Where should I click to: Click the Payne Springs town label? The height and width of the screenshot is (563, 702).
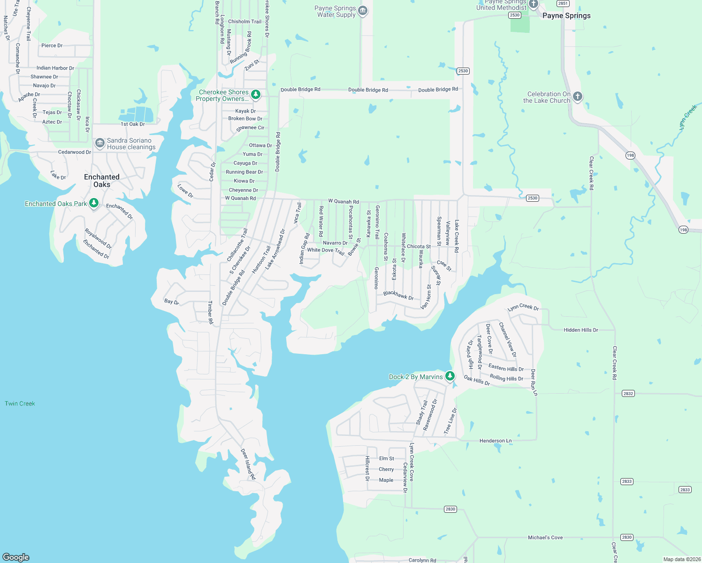566,15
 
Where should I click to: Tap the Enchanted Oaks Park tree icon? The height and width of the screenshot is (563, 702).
94,203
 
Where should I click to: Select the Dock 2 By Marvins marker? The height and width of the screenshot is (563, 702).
450,376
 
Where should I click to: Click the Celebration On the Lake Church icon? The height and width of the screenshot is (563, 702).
578,97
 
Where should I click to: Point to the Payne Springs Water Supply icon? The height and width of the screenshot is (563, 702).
363,11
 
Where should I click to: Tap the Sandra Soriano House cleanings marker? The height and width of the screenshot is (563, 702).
99,143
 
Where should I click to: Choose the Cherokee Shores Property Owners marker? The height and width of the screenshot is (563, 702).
256,95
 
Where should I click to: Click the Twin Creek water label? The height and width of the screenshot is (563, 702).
20,403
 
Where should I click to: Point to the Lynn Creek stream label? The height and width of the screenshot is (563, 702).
688,117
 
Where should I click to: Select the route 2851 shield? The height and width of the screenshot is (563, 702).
563,3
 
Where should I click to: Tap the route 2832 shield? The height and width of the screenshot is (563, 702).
628,393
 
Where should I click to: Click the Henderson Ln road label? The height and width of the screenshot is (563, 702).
496,441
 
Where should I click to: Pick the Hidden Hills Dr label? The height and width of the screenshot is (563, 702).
580,330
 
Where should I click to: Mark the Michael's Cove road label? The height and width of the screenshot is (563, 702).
545,537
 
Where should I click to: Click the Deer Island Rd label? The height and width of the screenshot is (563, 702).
248,464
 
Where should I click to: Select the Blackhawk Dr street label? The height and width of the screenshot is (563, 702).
398,295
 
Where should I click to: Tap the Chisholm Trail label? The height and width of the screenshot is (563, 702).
244,22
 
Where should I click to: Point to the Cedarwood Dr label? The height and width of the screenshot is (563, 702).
75,152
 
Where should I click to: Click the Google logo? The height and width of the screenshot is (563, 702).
16,557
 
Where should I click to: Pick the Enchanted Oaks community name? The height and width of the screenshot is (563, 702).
101,181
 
